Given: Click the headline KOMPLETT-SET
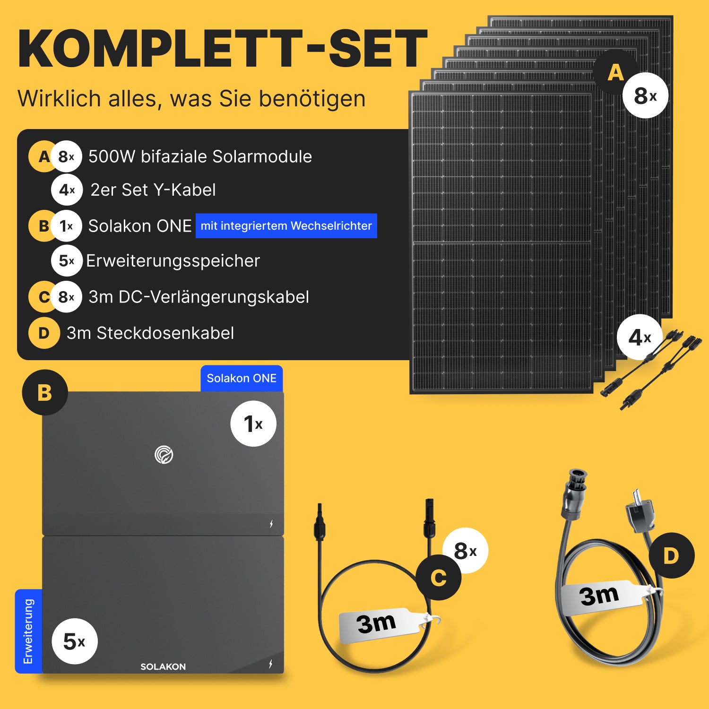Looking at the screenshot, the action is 222,49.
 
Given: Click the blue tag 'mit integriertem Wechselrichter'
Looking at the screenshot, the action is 286,226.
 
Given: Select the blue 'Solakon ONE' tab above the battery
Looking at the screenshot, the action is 242,379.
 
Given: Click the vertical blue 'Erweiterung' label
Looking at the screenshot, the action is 28,631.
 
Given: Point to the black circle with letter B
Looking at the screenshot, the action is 45,392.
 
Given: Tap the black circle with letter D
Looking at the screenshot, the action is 671,555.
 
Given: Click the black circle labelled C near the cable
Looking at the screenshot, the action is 439,578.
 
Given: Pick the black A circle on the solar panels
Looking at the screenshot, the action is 616,73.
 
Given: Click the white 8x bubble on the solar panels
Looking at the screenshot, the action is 645,95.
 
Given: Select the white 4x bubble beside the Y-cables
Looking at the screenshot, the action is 640,337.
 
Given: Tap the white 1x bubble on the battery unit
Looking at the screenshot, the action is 253,424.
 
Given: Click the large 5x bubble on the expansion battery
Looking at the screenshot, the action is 75,641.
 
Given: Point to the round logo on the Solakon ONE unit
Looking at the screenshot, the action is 164,455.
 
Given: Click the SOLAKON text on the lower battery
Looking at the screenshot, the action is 163,666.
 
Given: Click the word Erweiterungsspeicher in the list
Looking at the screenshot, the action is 173,261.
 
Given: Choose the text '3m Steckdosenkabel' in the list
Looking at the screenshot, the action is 150,333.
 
